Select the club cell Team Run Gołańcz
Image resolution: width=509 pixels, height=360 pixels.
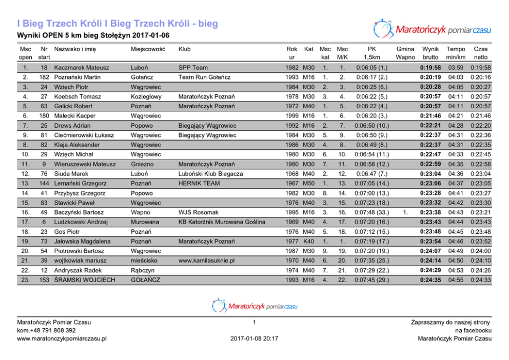[x=204, y=77]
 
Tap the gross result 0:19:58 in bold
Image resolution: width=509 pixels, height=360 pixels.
[x=430, y=68]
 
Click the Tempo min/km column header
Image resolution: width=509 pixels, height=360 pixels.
[x=456, y=53]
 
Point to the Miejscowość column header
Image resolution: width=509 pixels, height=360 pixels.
[x=148, y=49]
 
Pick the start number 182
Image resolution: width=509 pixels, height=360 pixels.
[x=44, y=77]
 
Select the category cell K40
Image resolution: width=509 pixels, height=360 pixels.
[x=308, y=242]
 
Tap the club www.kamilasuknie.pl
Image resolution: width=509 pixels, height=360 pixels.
[x=206, y=261]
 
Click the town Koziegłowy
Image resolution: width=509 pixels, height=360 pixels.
[x=146, y=96]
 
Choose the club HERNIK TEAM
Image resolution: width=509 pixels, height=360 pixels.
[x=199, y=184]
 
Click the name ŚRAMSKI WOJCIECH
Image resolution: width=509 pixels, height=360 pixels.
[x=85, y=280]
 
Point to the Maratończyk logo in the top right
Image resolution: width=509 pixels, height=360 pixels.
[x=432, y=29]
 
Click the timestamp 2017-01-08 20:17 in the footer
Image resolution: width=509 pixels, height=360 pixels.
[x=254, y=338]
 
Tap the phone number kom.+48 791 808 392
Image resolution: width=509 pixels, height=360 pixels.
[x=46, y=330]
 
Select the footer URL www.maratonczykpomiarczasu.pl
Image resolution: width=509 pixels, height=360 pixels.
[x=62, y=338]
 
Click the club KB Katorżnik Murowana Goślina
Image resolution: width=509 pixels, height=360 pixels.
[x=222, y=222]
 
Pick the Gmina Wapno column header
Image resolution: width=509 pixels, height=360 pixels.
[x=405, y=53]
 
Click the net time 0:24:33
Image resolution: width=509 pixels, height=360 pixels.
[x=481, y=280]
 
